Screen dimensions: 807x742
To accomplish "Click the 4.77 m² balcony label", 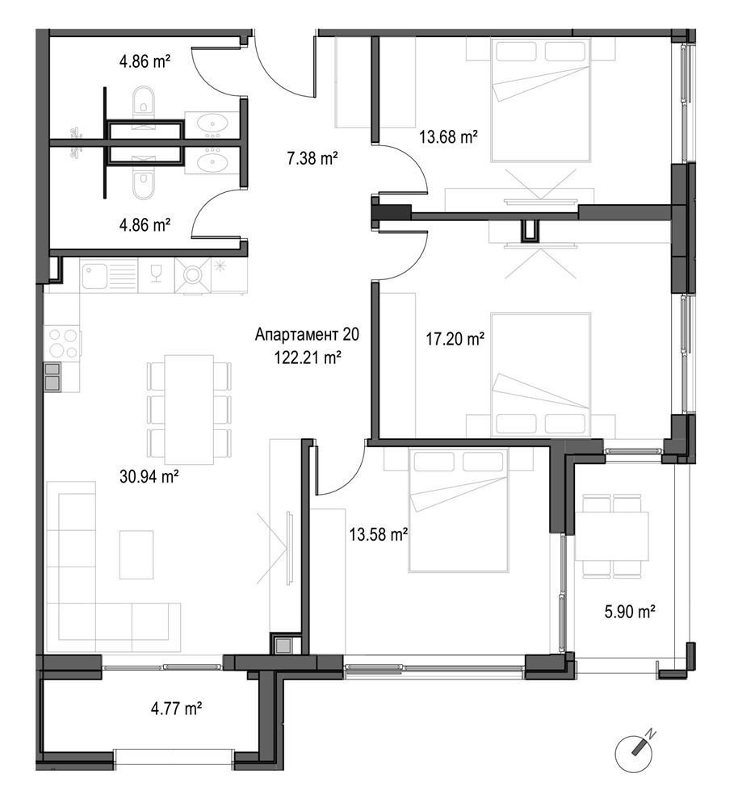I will click(176, 709).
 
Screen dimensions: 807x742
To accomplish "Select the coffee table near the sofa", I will click(136, 554).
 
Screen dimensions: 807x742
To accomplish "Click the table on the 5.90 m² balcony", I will click(612, 535).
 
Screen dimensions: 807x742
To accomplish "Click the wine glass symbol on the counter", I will click(156, 274).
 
